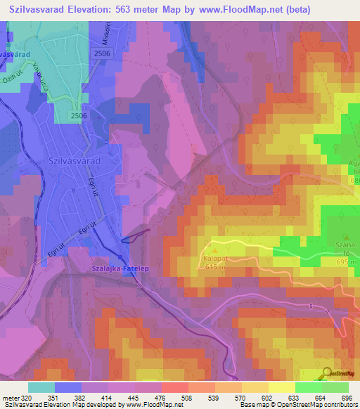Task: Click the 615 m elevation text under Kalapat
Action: coord(214,266)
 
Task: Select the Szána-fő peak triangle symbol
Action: coord(347,237)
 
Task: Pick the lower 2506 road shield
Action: coord(78,115)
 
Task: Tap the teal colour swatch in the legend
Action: coord(41,387)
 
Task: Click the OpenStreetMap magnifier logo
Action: coord(326,373)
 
